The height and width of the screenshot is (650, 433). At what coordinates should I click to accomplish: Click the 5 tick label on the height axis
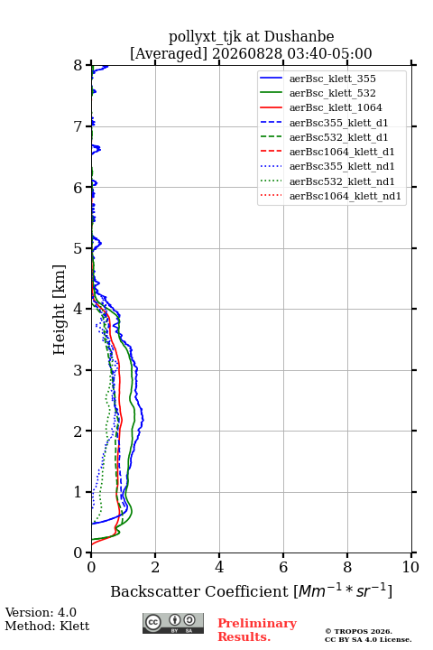click(x=78, y=249)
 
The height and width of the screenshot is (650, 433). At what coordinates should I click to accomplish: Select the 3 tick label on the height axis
click(x=78, y=370)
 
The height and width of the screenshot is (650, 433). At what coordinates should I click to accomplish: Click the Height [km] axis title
click(x=59, y=310)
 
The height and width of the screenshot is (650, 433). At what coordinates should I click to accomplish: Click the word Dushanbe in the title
click(x=299, y=36)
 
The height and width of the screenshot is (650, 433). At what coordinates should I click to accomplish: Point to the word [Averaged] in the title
click(x=168, y=53)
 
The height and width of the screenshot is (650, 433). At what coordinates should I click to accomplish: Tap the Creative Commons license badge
click(x=173, y=623)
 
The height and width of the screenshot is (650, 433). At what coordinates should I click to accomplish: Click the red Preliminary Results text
click(x=257, y=630)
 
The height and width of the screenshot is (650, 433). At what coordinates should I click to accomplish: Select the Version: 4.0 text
click(x=41, y=612)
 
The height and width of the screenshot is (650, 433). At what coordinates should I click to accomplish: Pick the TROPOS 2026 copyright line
click(x=359, y=631)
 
